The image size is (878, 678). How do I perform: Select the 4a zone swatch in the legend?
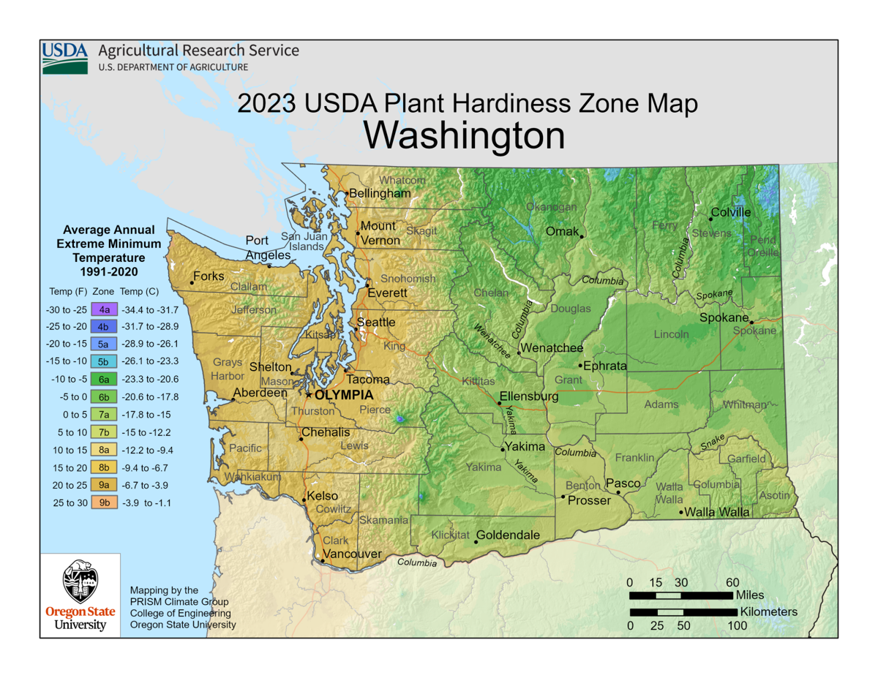pos(104,310)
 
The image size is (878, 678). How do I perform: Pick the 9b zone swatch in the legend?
pos(104,502)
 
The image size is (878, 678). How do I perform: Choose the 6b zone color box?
pos(104,397)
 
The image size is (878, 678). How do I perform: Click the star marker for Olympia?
pos(309,394)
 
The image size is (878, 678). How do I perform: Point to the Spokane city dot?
pos(751,321)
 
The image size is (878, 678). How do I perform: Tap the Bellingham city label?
pos(380,193)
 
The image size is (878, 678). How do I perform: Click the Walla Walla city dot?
pos(682,513)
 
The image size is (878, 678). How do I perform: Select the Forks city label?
pos(209,276)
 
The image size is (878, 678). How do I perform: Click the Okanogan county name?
pos(551,207)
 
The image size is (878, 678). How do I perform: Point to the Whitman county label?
pos(745,404)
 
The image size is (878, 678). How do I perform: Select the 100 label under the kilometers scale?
pos(737,625)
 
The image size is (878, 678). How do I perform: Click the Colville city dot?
pos(710,219)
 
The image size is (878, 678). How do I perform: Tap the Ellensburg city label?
pos(529,396)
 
